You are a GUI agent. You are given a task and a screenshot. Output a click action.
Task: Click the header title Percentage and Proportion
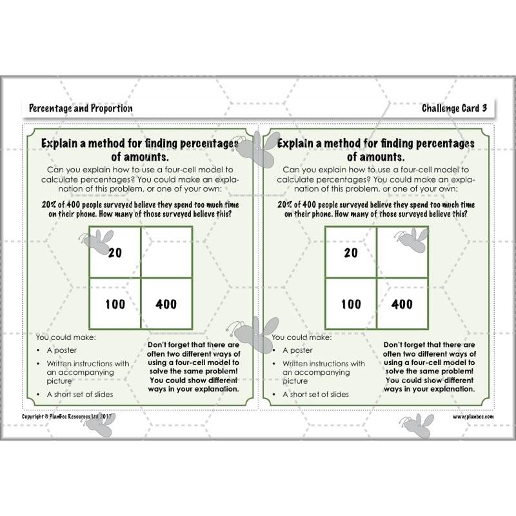[81, 108]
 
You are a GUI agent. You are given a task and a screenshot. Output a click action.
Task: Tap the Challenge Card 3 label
[455, 108]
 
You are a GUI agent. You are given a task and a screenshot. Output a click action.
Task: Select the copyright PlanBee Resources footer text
[67, 417]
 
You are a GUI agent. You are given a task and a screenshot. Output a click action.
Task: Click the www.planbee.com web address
[473, 417]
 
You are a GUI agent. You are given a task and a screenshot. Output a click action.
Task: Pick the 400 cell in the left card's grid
[166, 304]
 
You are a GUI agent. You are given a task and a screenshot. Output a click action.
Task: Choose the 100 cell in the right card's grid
[351, 304]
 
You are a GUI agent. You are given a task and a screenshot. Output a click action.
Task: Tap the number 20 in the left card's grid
[115, 253]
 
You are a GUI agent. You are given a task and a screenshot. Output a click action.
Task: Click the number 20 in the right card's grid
[351, 253]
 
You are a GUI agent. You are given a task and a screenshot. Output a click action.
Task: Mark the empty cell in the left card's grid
[166, 252]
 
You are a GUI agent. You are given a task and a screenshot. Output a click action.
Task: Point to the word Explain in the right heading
[299, 143]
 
